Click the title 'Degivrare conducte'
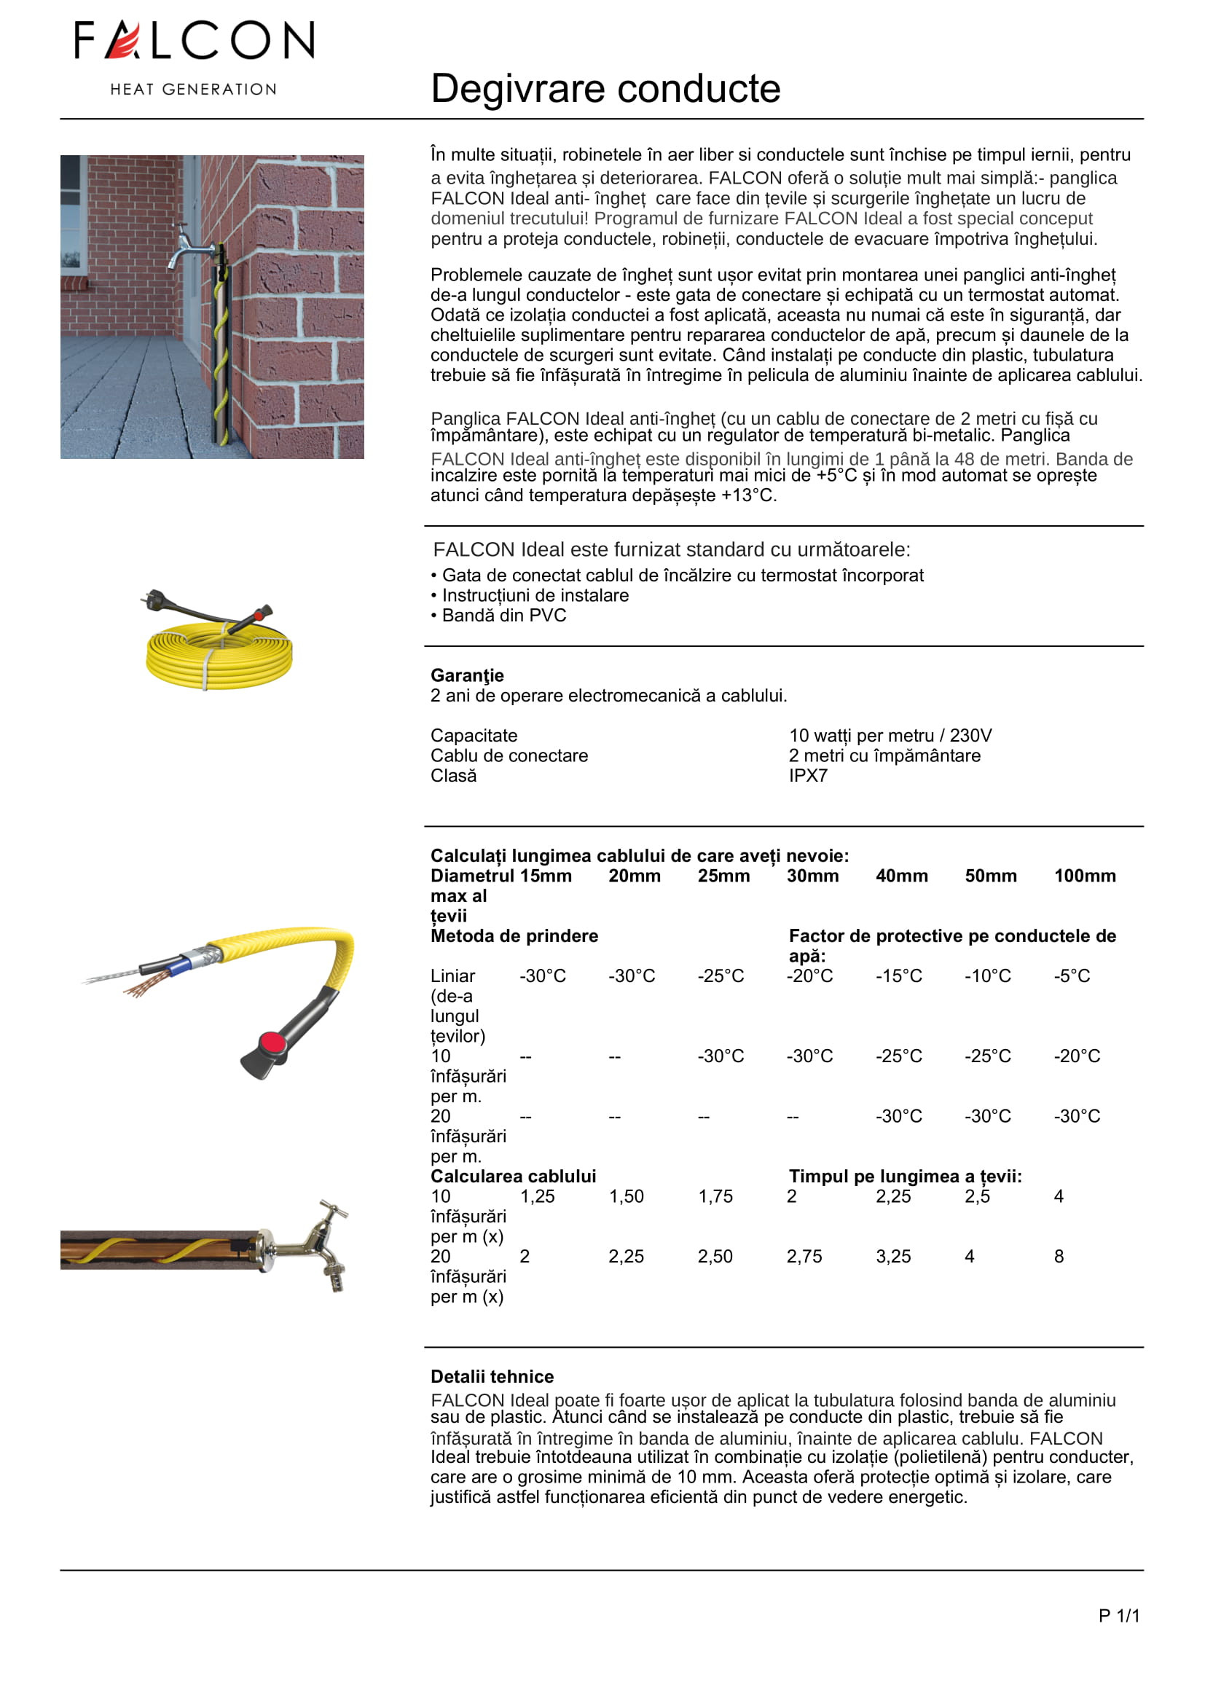(x=605, y=89)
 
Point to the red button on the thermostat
(x=274, y=1042)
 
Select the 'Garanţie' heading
(x=467, y=675)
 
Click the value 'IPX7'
(x=808, y=776)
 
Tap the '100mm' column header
(x=1084, y=876)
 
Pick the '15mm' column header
(x=546, y=876)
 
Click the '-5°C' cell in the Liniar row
(x=1072, y=976)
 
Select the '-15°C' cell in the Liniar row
(x=898, y=976)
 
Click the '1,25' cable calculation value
(x=537, y=1196)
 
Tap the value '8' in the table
(x=1059, y=1257)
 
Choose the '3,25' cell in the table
(x=892, y=1257)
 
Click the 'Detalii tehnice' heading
(x=492, y=1377)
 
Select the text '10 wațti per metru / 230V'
(x=890, y=736)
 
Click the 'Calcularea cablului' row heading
(x=513, y=1177)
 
